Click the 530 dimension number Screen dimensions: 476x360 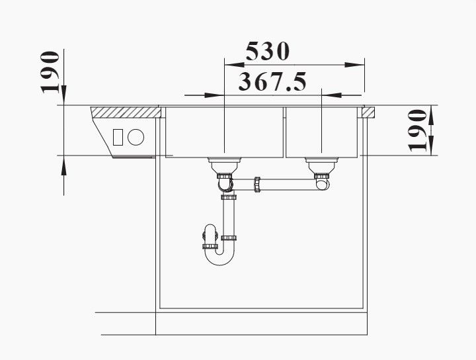tap(268, 52)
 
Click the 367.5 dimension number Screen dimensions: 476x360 tap(272, 82)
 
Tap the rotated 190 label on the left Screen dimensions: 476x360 tap(50, 72)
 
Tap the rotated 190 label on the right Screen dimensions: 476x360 tap(418, 130)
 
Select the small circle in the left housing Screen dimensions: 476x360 tap(136, 137)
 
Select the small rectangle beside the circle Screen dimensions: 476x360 tap(118, 138)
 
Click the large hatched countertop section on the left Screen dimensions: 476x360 tap(126, 112)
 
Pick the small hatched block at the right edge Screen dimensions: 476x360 tap(368, 112)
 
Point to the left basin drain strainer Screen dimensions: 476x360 tap(224, 165)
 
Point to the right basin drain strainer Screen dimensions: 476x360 tap(321, 165)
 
